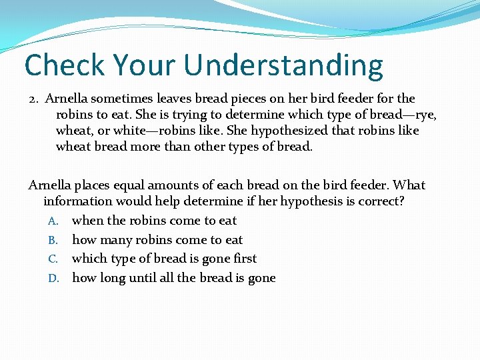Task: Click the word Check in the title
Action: tap(65, 65)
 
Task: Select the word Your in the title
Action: tap(147, 65)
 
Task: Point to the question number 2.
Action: tap(33, 99)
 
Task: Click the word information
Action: tap(79, 201)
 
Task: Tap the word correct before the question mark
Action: tap(381, 201)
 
